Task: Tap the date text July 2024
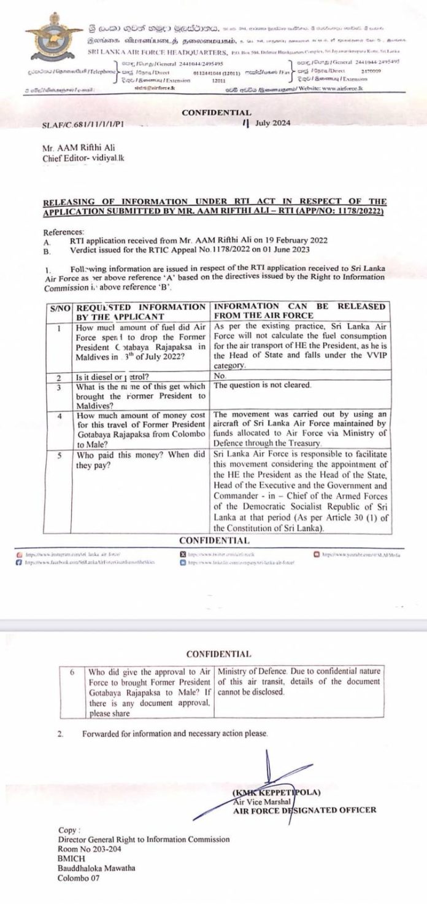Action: pyautogui.click(x=270, y=123)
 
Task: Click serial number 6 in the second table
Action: pyautogui.click(x=72, y=672)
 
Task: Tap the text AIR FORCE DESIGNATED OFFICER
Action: pyautogui.click(x=304, y=810)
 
